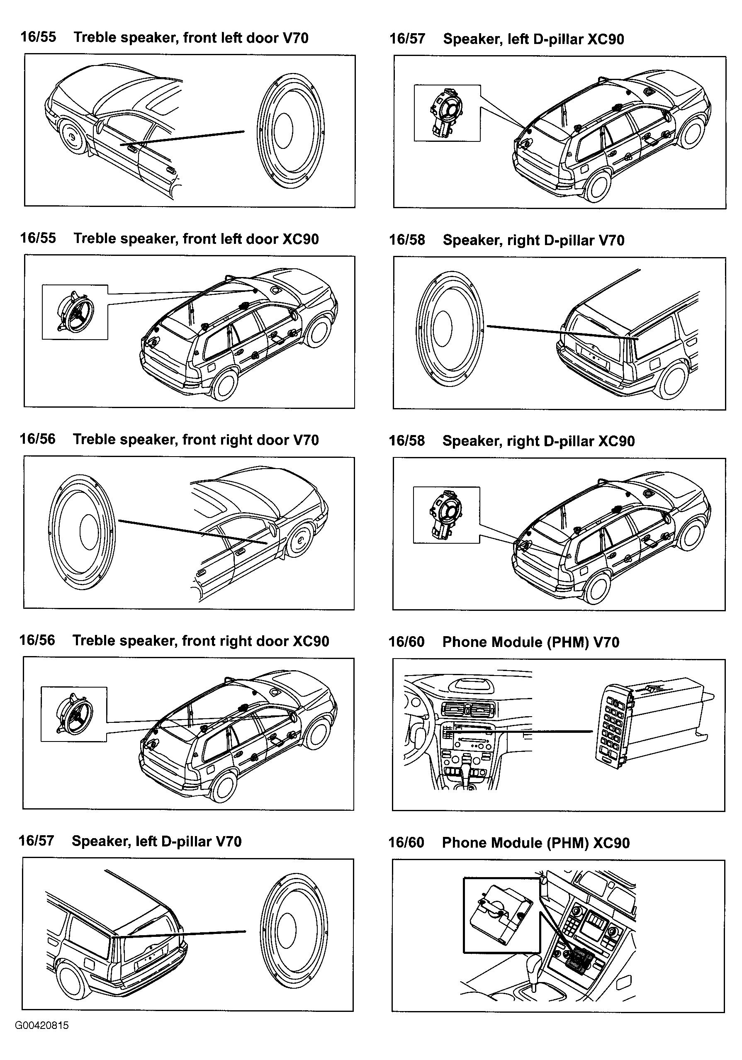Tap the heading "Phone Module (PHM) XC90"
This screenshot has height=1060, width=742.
coord(535,843)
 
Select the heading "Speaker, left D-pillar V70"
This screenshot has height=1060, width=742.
coord(156,841)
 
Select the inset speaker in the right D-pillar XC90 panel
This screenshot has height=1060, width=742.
coord(446,515)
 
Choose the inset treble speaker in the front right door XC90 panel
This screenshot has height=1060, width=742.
coord(74,714)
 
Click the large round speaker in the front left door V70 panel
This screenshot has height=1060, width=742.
coord(290,130)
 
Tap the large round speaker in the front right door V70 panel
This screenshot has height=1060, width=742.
coord(82,531)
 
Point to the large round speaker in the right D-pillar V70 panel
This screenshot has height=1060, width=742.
coord(450,328)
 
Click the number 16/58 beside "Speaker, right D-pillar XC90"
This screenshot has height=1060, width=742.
coord(407,440)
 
